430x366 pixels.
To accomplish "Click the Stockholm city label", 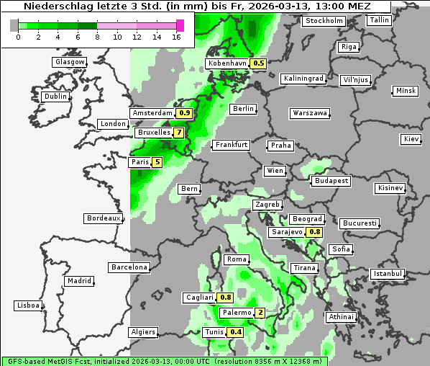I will click(323, 20).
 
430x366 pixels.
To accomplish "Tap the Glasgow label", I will click(70, 62).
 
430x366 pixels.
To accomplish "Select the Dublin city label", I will click(55, 97).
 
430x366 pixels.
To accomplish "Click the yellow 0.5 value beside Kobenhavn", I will click(259, 63).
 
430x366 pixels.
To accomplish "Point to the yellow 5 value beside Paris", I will click(157, 163).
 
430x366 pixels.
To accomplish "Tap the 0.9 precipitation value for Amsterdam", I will click(184, 113).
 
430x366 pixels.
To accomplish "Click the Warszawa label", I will click(310, 113).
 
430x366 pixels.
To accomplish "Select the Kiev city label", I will click(411, 138).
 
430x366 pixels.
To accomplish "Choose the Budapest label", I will click(331, 180).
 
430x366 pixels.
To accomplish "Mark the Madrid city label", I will click(79, 281).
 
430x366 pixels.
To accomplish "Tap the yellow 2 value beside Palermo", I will click(260, 313).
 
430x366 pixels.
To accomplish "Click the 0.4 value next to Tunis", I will click(234, 332).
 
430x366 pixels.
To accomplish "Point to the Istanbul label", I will click(388, 274).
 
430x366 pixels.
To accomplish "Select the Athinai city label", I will click(341, 317).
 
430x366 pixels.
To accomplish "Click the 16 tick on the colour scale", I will click(180, 37).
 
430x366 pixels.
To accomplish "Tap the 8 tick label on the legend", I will click(97, 37).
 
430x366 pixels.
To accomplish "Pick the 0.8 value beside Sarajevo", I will click(314, 232).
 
